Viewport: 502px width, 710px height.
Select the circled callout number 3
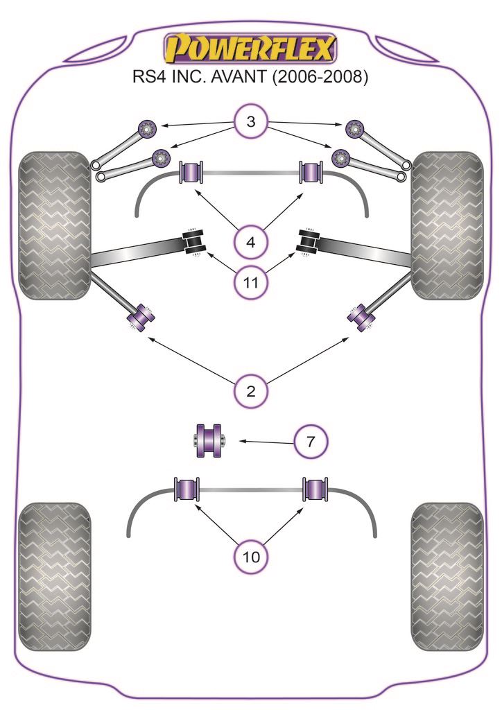(x=251, y=123)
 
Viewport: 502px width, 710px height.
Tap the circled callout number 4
(x=251, y=242)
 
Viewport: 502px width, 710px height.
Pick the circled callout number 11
(x=251, y=282)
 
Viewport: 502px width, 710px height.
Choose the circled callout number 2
(x=251, y=390)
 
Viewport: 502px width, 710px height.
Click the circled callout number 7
(x=311, y=440)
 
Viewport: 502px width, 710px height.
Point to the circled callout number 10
(x=251, y=555)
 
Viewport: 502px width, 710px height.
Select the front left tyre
(x=55, y=226)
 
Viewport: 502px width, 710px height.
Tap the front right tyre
(x=447, y=226)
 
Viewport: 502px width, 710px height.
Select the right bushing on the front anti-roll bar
(x=312, y=173)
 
